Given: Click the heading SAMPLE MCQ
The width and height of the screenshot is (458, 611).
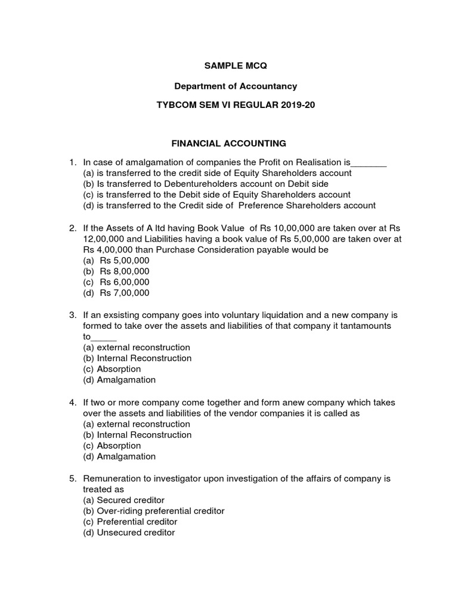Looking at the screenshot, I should click(228, 64).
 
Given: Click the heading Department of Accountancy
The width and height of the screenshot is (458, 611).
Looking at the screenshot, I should click(228, 87).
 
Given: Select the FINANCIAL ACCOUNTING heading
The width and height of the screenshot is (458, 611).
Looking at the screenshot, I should click(229, 143).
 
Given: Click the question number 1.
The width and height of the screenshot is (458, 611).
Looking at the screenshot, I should click(72, 162).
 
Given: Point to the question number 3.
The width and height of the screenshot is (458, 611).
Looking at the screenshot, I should click(72, 314).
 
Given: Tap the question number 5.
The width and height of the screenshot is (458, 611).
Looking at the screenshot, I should click(72, 479).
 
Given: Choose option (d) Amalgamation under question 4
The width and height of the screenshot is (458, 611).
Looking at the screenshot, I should click(119, 456).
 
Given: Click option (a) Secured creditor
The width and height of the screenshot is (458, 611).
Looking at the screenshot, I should click(123, 500).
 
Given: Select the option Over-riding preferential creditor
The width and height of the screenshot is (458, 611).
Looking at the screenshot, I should click(153, 511).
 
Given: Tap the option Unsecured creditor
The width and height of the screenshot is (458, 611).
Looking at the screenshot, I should click(129, 533).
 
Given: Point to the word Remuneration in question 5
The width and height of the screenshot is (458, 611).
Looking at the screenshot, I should click(113, 479).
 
